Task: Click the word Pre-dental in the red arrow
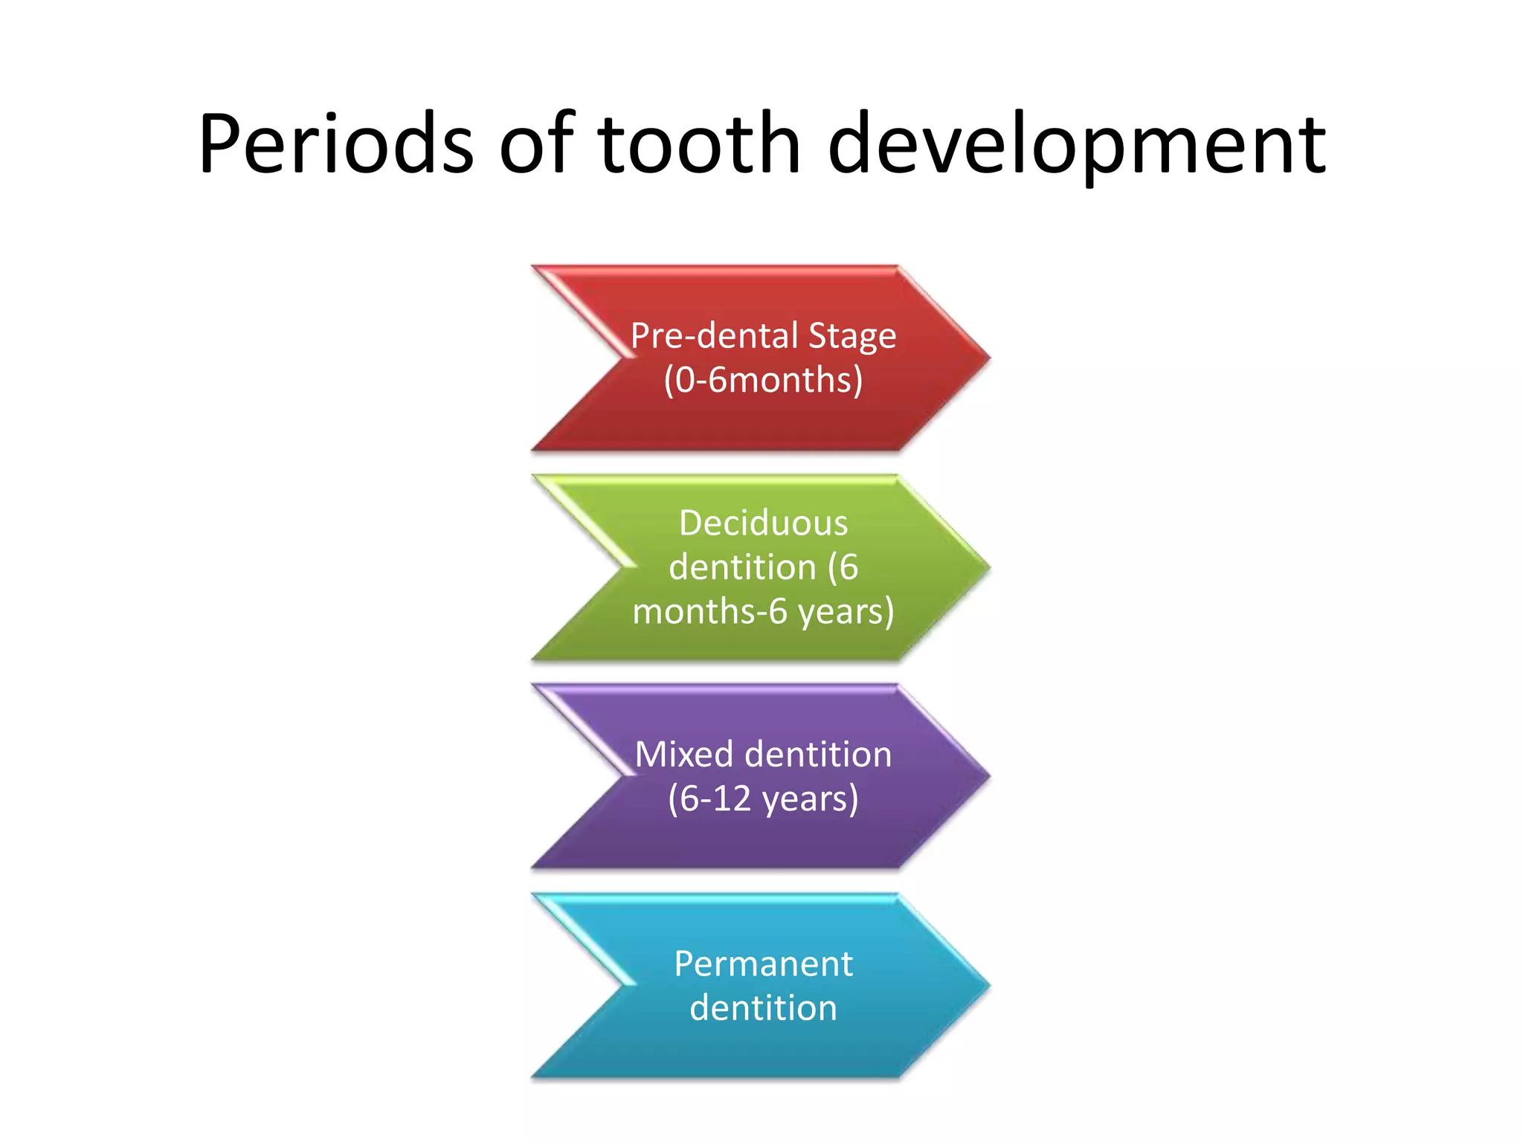pyautogui.click(x=715, y=335)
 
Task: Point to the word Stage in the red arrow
pyautogui.click(x=852, y=337)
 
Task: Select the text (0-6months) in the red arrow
pyautogui.click(x=763, y=380)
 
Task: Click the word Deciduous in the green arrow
pyautogui.click(x=763, y=523)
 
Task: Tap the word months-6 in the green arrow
pyautogui.click(x=709, y=611)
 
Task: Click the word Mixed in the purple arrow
pyautogui.click(x=684, y=754)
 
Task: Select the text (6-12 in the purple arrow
pyautogui.click(x=710, y=799)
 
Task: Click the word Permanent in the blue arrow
pyautogui.click(x=763, y=964)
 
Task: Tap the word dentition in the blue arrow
pyautogui.click(x=763, y=1008)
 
